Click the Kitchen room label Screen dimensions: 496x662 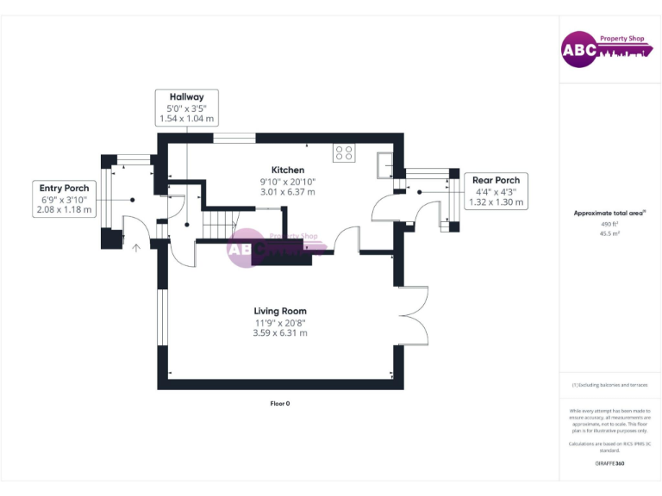point(288,170)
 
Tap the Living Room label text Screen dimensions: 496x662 point(280,311)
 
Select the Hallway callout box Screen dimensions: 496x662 point(186,108)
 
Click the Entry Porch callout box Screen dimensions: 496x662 point(65,198)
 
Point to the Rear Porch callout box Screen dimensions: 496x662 point(496,191)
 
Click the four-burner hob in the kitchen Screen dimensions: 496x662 point(344,152)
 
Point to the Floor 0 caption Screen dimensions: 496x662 point(280,403)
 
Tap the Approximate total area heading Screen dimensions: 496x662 point(609,213)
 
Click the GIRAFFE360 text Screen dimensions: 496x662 point(609,463)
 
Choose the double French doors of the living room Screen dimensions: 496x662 point(415,314)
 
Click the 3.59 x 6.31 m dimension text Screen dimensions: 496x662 point(280,333)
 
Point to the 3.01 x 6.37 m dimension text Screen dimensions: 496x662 point(288,192)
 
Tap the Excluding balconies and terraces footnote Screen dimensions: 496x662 point(609,385)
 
